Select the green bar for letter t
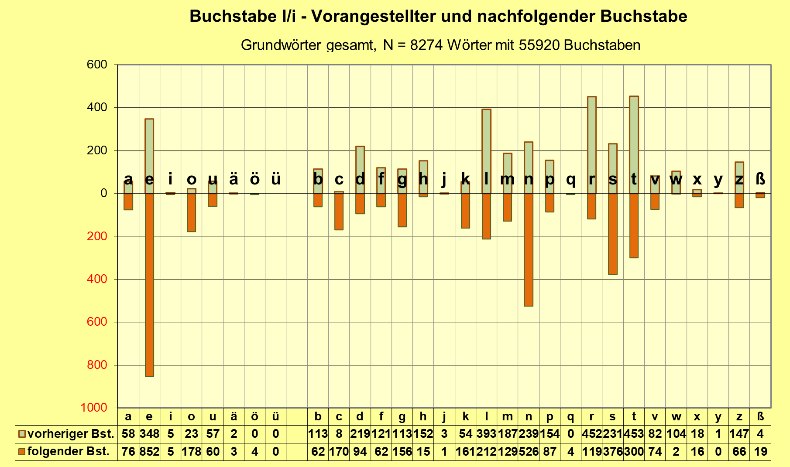(x=634, y=144)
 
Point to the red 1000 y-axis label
(x=94, y=408)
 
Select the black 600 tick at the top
(x=97, y=65)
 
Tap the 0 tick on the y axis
(x=104, y=193)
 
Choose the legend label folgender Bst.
(x=68, y=452)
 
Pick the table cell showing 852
(x=149, y=452)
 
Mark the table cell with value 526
(x=529, y=452)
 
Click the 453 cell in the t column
(x=634, y=434)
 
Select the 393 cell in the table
(x=486, y=434)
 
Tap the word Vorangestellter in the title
(x=373, y=17)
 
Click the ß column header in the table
(x=760, y=417)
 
